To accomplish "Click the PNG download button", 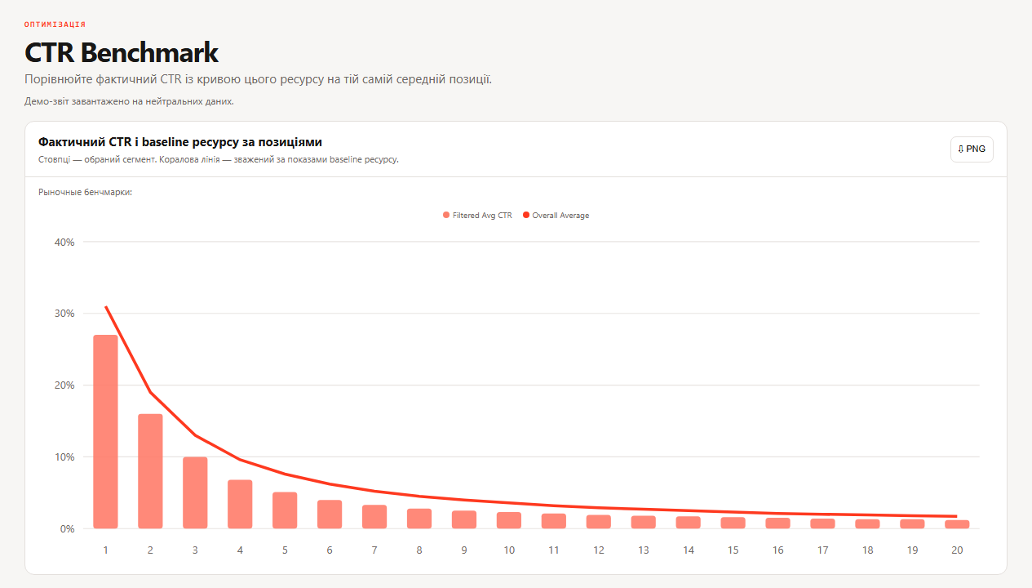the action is click(x=972, y=149).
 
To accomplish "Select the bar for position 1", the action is click(x=105, y=432).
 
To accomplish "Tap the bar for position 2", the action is click(x=150, y=471).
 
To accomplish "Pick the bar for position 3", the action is click(x=195, y=492).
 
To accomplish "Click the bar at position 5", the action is click(x=285, y=510).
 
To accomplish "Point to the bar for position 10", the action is click(x=508, y=520).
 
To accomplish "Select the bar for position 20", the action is click(x=957, y=524).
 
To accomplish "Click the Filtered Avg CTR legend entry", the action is click(x=477, y=216).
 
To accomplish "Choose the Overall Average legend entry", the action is click(x=556, y=216).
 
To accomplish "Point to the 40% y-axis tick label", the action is click(x=64, y=242).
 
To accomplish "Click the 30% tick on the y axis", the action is click(x=64, y=314).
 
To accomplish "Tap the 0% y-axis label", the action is click(x=67, y=529).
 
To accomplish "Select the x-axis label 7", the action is click(x=374, y=550).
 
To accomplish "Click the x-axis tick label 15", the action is click(x=733, y=550).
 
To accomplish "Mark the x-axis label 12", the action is click(x=599, y=550).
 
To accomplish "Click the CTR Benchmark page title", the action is click(x=122, y=52).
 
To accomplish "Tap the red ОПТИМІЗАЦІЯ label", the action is click(x=55, y=24).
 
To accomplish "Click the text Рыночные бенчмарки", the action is click(x=85, y=192).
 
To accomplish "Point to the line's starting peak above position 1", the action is click(x=106, y=306).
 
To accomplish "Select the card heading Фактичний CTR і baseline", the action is click(x=180, y=142).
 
